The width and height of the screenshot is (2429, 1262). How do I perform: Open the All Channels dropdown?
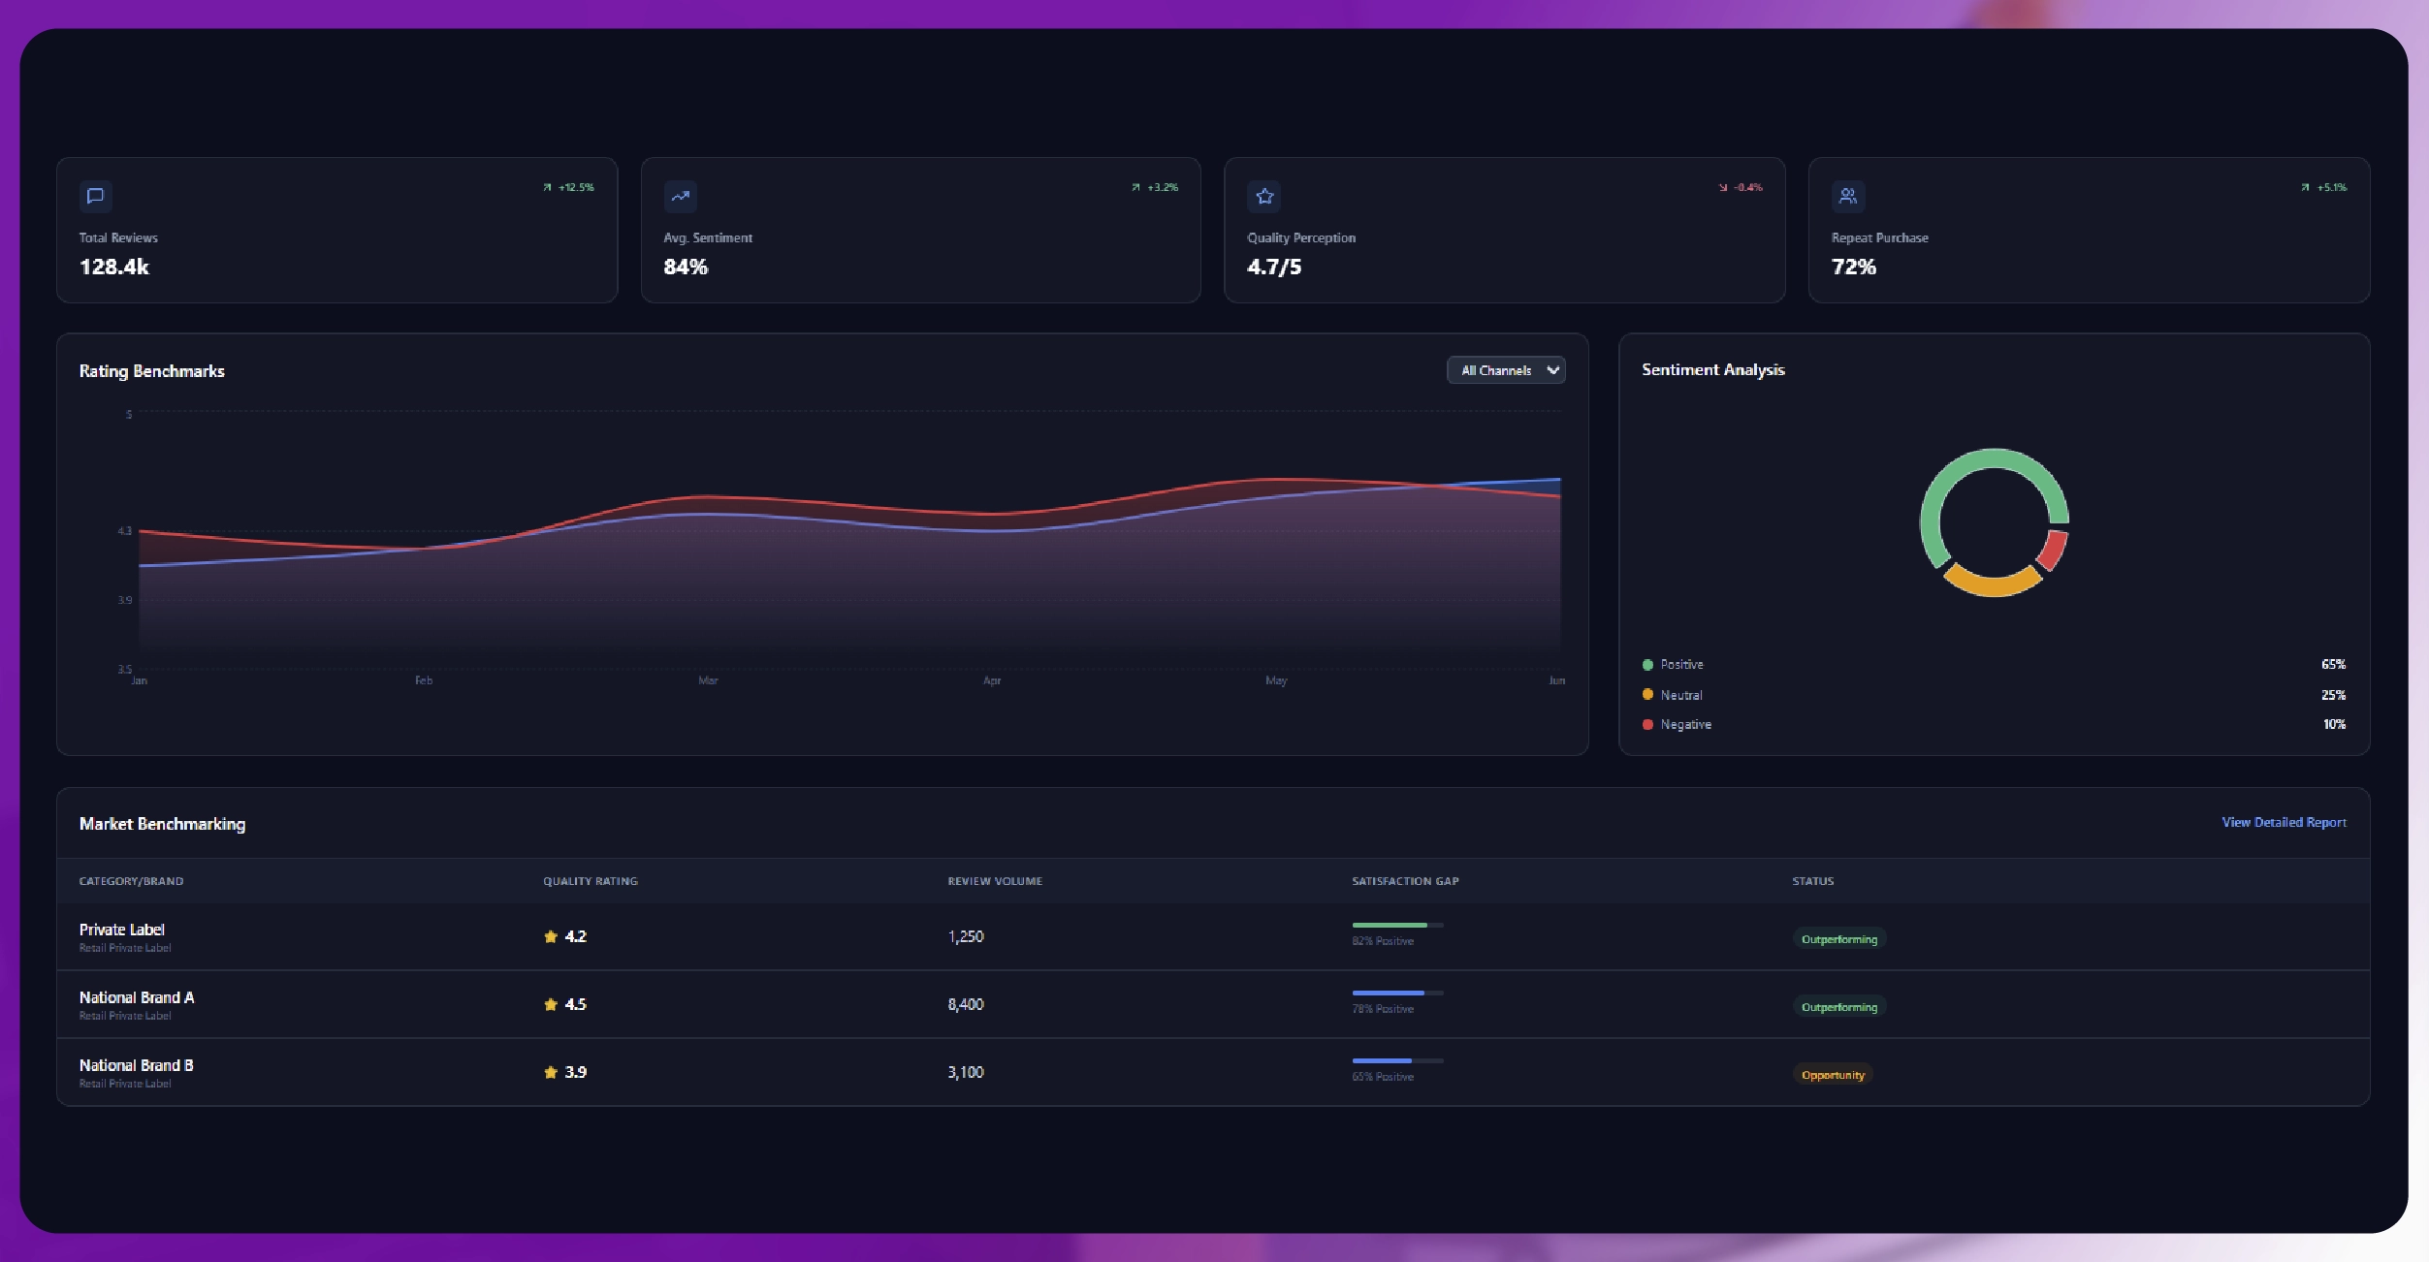(1506, 370)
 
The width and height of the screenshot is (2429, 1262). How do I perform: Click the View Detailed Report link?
(2284, 822)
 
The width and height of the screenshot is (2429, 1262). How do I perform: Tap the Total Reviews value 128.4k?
(114, 267)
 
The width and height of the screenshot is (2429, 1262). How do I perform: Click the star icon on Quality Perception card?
(1264, 197)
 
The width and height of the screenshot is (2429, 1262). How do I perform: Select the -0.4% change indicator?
(1742, 187)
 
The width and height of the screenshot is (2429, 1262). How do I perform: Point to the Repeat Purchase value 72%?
(1853, 267)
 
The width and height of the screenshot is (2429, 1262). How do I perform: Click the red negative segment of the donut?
(2053, 549)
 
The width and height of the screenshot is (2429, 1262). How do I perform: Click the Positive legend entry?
(1680, 665)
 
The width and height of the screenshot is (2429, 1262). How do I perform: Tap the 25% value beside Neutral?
(2332, 695)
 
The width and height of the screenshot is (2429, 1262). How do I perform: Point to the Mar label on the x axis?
(708, 680)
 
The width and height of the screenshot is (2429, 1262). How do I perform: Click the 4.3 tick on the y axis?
(124, 531)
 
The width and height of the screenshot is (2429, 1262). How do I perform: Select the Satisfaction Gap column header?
(1405, 881)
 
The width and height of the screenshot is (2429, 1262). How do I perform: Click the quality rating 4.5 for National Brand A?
(575, 1004)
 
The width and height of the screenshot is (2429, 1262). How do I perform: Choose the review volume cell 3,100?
(966, 1072)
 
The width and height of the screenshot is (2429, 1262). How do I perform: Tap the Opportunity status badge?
(1832, 1075)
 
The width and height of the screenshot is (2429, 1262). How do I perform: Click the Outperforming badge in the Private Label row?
(1838, 939)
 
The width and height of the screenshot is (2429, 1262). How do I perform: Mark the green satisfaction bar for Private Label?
(1390, 926)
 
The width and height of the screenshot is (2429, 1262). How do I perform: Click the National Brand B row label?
(137, 1065)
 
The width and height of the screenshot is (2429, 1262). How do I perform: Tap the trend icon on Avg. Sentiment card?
(680, 197)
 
